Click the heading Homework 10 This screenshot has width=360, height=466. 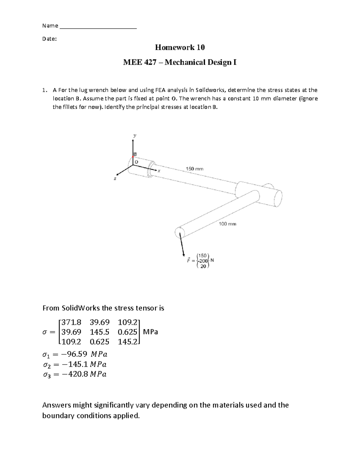click(x=180, y=47)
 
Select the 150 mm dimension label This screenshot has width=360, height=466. click(x=194, y=169)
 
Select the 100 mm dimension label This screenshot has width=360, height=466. click(x=227, y=224)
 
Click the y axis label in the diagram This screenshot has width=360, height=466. click(x=135, y=136)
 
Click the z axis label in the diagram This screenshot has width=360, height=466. click(x=115, y=179)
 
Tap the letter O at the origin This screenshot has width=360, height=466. click(x=136, y=162)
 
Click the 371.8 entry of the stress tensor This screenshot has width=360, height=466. click(x=71, y=323)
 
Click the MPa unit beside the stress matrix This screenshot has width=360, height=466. click(x=151, y=332)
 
